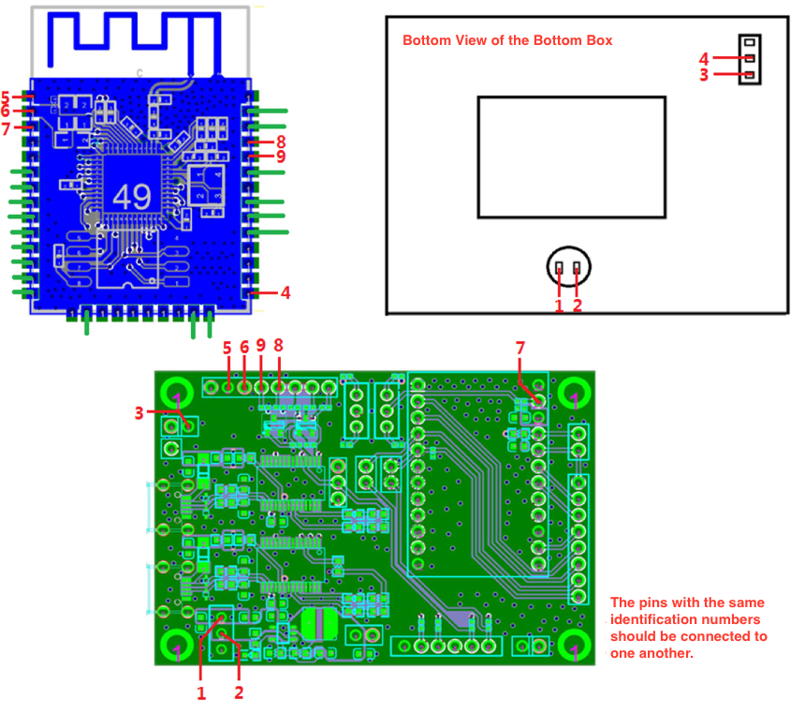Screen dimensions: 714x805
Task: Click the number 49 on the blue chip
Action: tap(131, 197)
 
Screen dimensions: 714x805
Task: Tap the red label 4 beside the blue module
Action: tap(285, 292)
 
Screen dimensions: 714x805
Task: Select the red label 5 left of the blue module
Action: tap(6, 97)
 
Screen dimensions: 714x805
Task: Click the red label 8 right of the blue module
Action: tap(281, 141)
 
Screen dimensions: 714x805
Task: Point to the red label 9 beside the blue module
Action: tap(281, 156)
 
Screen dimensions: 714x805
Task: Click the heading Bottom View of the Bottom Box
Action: tap(507, 40)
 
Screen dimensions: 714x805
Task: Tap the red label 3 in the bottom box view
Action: tap(704, 75)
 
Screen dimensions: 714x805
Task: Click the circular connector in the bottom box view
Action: tap(569, 269)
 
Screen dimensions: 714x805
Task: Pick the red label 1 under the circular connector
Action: tap(559, 305)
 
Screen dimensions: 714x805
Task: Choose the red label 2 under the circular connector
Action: tap(578, 305)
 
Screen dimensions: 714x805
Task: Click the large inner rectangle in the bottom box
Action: tap(571, 156)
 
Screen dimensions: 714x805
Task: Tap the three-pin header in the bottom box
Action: tap(750, 59)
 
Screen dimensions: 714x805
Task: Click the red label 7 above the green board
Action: tap(520, 348)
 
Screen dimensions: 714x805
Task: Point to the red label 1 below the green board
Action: tap(200, 693)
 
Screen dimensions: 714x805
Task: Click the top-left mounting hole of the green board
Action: tap(176, 392)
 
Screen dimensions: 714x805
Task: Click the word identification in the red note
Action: tap(657, 619)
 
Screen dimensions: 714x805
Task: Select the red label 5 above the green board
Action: tap(227, 348)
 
